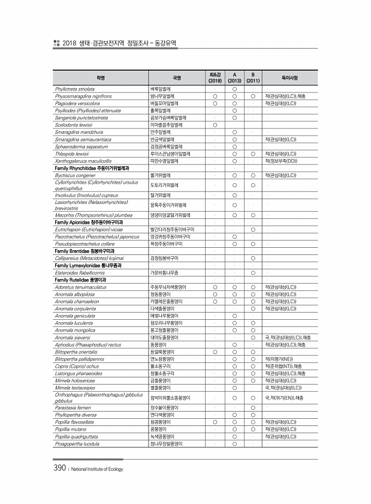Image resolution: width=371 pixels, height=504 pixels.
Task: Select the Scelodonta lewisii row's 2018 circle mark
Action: tap(215, 125)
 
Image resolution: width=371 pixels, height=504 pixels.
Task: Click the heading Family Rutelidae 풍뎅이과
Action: tap(80, 280)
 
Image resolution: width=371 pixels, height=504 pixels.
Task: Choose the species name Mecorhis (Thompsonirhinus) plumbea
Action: tap(93, 214)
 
